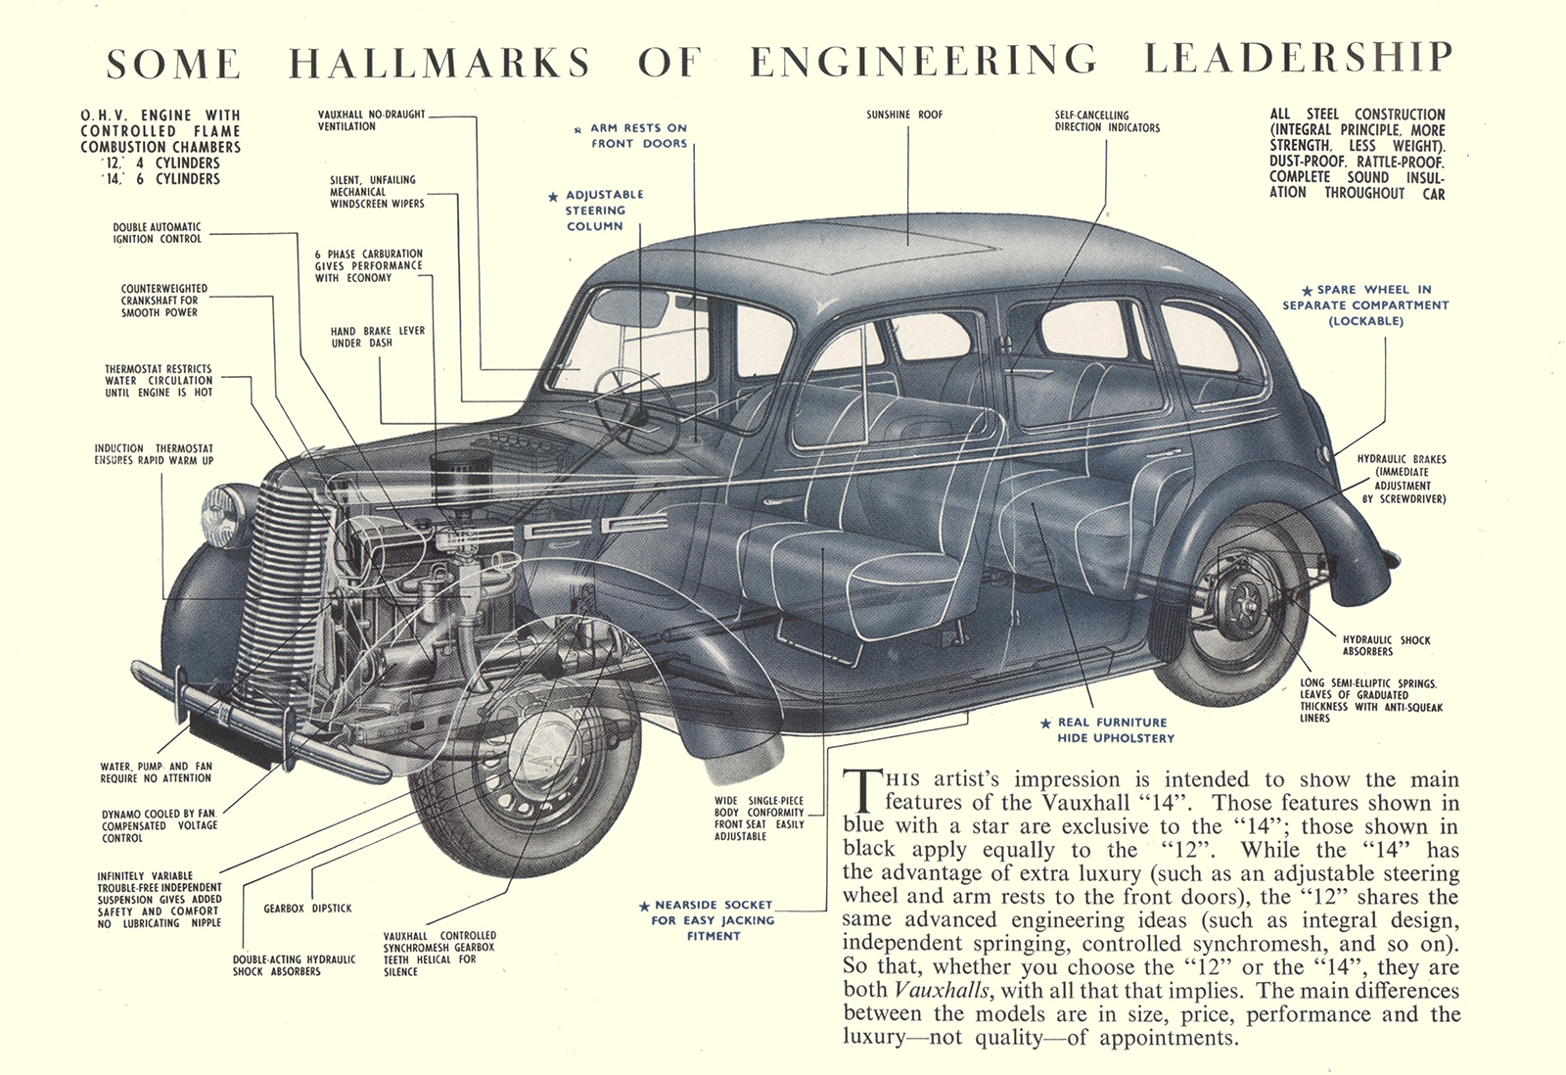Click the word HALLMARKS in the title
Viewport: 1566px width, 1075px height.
pos(439,63)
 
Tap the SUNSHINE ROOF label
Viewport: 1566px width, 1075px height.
pos(904,116)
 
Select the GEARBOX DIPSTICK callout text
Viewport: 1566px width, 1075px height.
pos(307,909)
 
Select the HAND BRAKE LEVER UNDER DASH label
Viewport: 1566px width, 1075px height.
pos(377,337)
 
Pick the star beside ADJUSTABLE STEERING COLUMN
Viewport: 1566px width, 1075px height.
pos(553,197)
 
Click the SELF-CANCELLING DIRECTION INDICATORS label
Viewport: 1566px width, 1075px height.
pos(1107,121)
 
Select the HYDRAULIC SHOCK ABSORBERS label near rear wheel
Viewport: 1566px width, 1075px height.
pos(1386,645)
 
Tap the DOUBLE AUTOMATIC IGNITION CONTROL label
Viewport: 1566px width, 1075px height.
pos(157,233)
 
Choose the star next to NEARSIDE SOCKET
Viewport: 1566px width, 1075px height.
pos(644,907)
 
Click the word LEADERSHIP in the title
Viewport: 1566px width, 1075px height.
pos(1298,59)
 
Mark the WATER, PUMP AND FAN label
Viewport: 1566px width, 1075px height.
pos(156,772)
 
